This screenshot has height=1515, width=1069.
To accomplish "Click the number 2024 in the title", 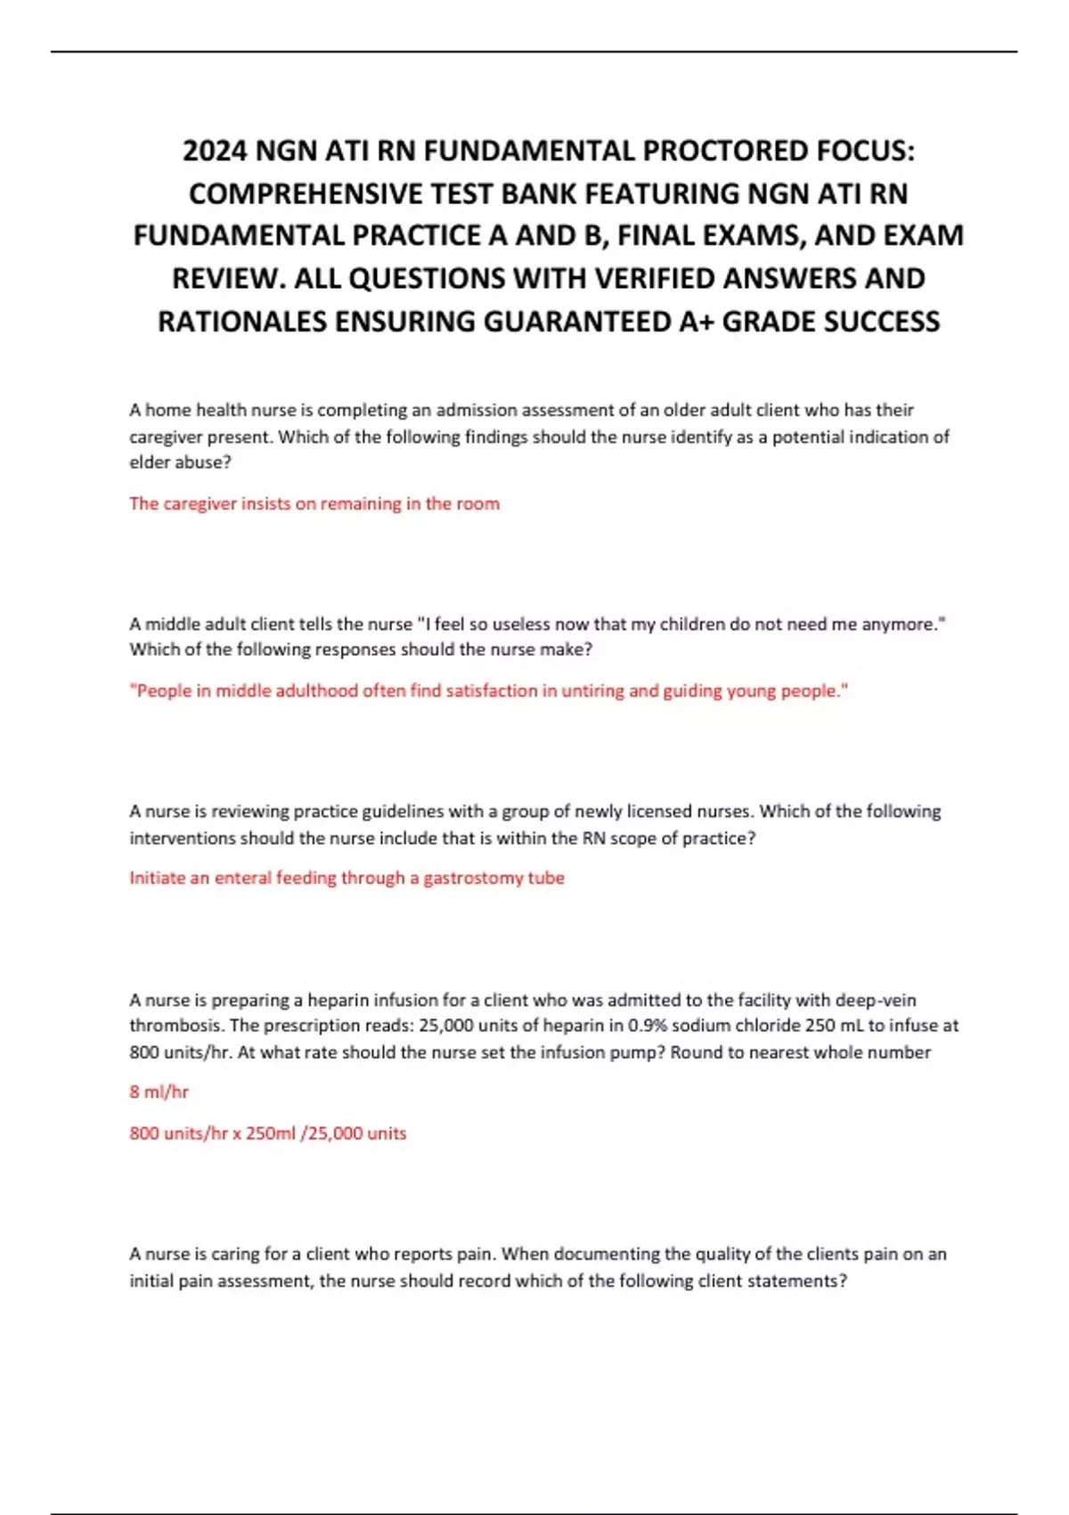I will [x=215, y=151].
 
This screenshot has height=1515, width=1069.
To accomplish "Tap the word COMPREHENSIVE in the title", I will [x=300, y=193].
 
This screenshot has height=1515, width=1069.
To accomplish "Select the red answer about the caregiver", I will [x=314, y=504].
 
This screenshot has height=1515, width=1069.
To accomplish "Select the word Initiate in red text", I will [x=157, y=878].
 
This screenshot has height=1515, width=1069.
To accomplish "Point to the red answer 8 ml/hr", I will [x=159, y=1092].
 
